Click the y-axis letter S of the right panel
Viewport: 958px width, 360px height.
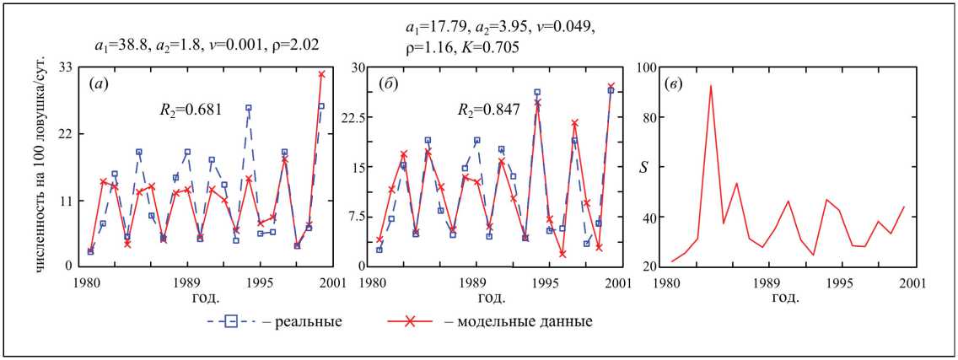click(x=643, y=167)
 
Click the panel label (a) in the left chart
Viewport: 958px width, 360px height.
click(x=97, y=84)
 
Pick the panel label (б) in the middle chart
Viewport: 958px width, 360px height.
click(x=390, y=84)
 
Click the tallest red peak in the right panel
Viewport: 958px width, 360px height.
click(x=711, y=84)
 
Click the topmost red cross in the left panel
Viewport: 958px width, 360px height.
click(x=321, y=74)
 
